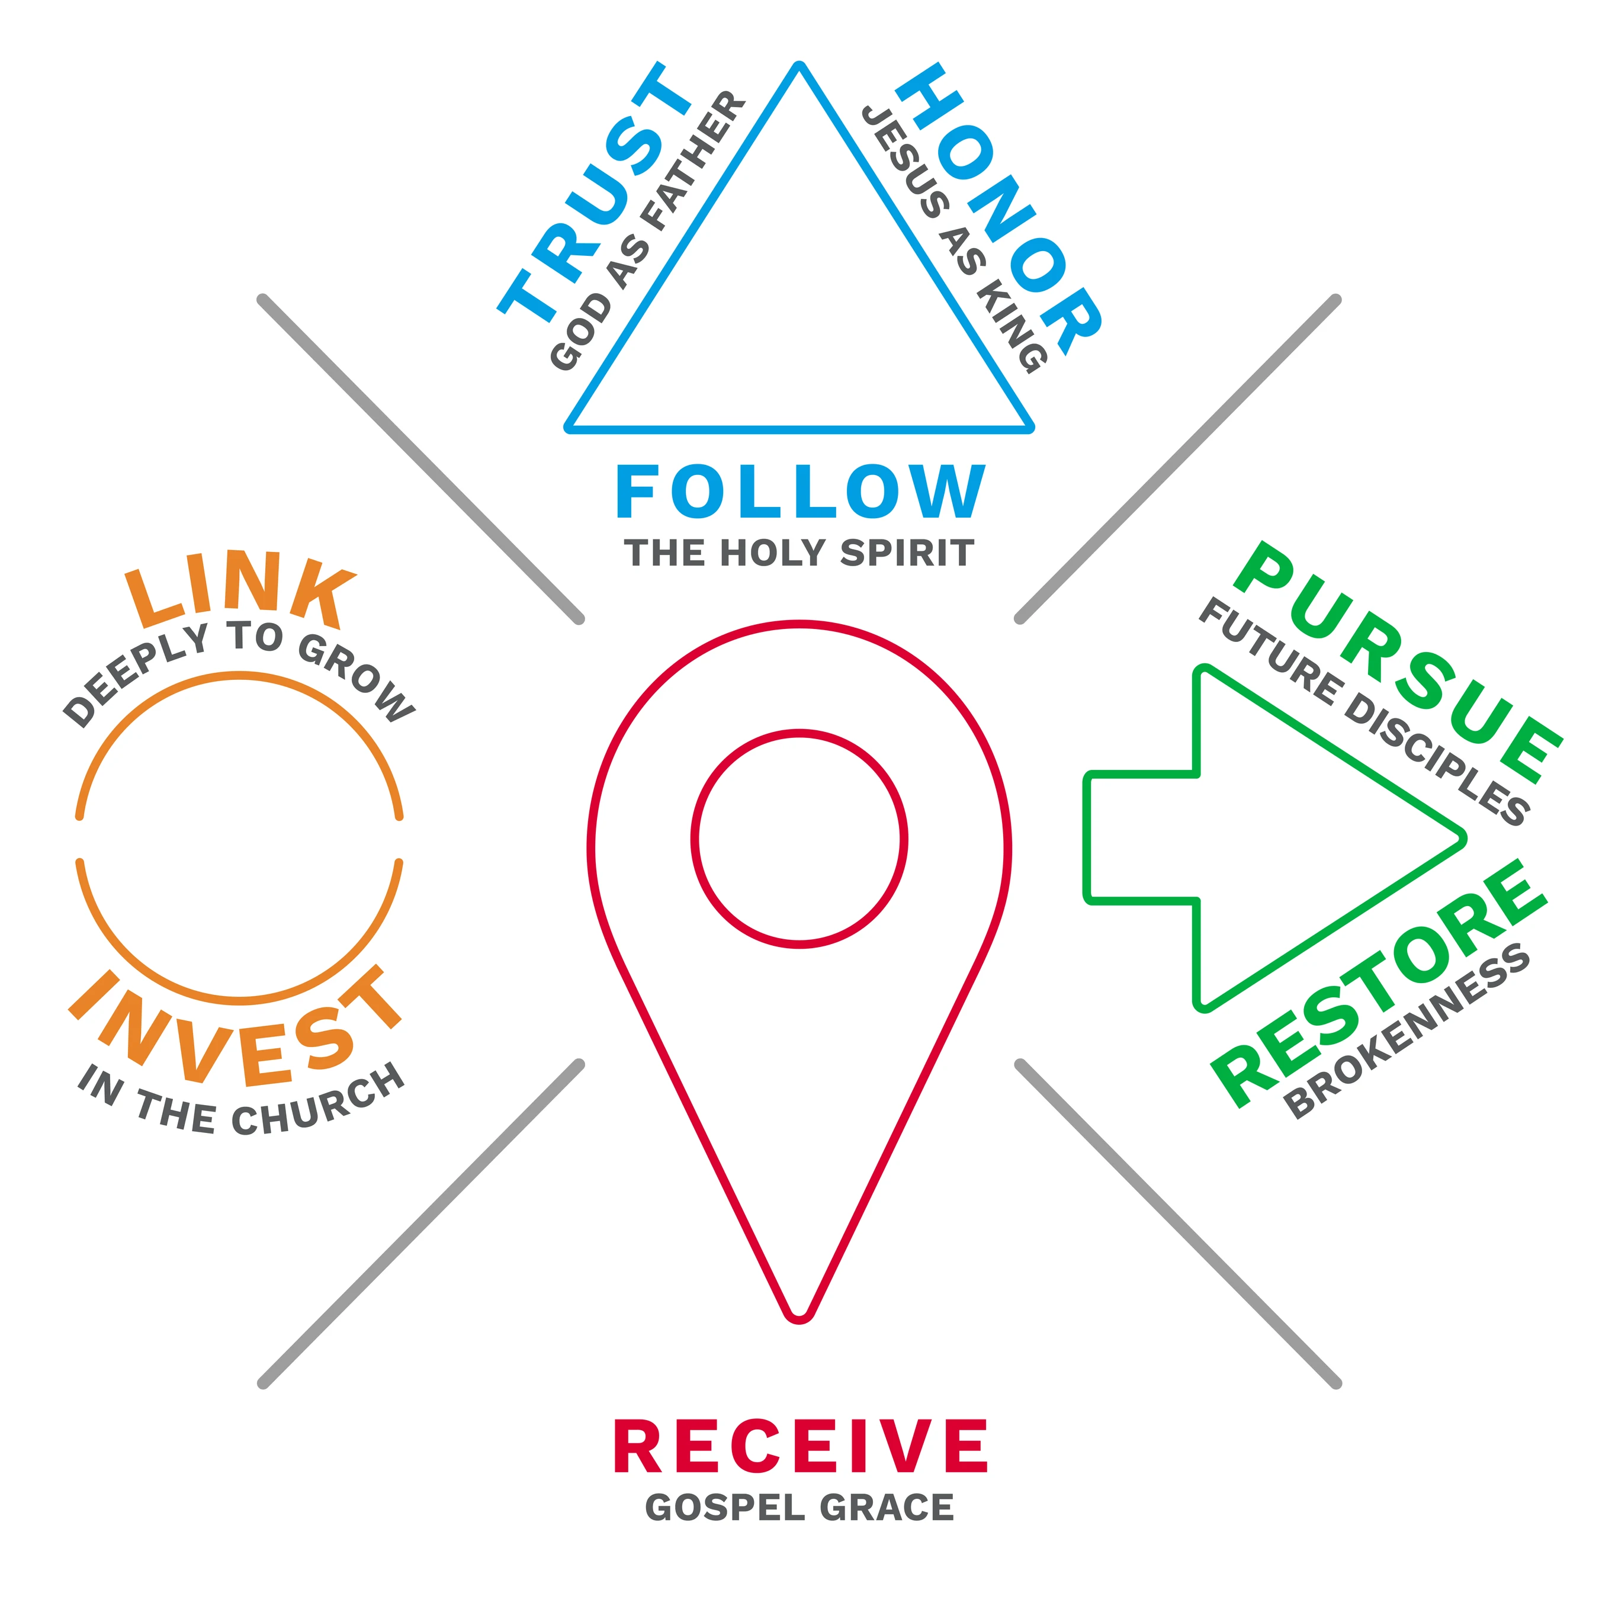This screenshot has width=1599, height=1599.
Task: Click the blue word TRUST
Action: (x=594, y=192)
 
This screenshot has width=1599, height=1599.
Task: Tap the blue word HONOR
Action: (x=1000, y=208)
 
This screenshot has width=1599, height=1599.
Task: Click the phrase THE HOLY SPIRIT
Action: (x=799, y=553)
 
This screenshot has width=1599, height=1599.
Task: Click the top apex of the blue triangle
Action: (x=799, y=64)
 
